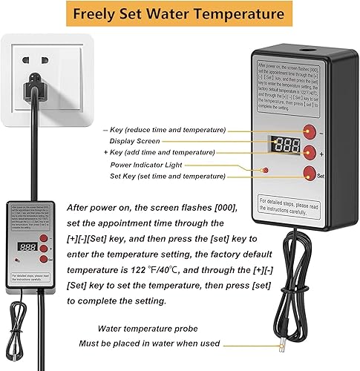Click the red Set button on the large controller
tap(308, 174)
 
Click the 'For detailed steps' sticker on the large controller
tap(289, 206)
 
